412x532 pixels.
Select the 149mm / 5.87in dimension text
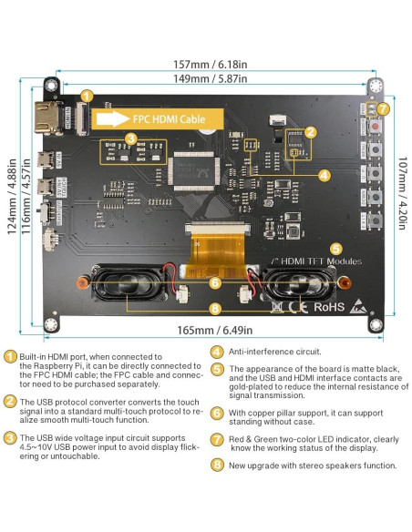tap(211, 79)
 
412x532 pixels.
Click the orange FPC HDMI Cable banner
tap(159, 118)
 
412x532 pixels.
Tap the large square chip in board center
tap(195, 170)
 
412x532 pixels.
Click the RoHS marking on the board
tap(330, 307)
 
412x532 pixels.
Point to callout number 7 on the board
tap(384, 108)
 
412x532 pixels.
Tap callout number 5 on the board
tap(335, 248)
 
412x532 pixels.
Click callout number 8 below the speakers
tap(215, 310)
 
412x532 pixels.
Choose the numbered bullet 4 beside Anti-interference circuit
tap(217, 351)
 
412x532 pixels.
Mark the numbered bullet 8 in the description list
tap(217, 465)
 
